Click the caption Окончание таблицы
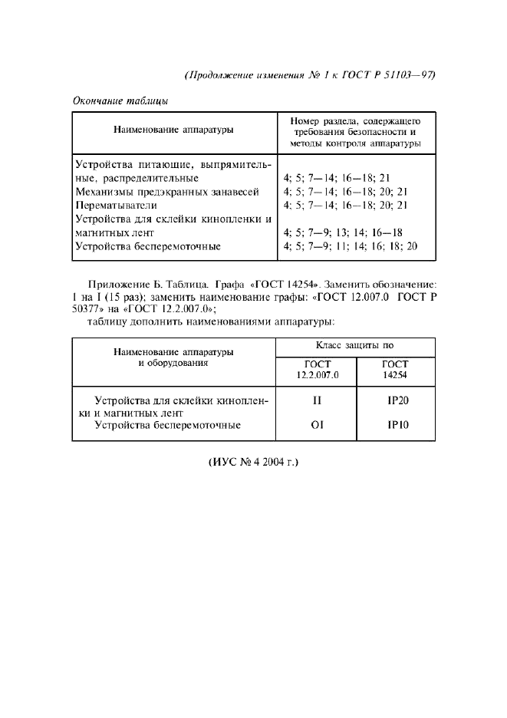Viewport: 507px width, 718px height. (x=120, y=100)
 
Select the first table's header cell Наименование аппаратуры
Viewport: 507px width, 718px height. (x=173, y=130)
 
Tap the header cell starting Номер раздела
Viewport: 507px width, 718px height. (x=355, y=132)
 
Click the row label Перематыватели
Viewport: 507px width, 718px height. (x=116, y=205)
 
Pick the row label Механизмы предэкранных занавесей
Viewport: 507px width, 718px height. (x=166, y=191)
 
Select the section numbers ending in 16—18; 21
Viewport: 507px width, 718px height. (x=338, y=177)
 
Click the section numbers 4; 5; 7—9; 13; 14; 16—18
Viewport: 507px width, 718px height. (x=343, y=232)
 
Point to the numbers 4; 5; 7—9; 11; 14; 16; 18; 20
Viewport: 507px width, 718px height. (x=349, y=246)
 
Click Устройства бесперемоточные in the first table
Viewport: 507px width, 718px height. (x=148, y=246)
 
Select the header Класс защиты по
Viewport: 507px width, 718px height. (x=355, y=346)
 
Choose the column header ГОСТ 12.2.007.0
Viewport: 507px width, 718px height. (x=316, y=370)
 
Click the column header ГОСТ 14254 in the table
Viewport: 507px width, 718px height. (x=395, y=370)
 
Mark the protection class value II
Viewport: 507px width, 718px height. (x=316, y=400)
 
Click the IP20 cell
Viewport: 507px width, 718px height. (x=396, y=400)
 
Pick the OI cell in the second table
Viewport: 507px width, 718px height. (x=316, y=424)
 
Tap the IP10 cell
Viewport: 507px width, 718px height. (x=396, y=424)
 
